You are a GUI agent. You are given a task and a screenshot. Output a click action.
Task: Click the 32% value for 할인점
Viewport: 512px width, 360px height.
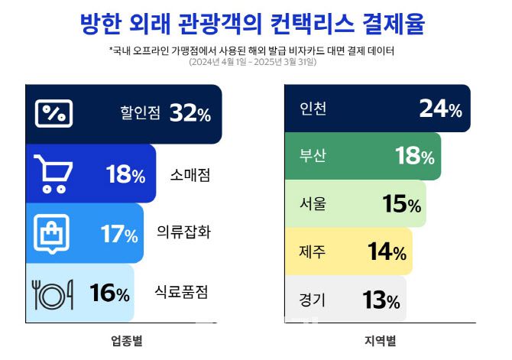(190, 114)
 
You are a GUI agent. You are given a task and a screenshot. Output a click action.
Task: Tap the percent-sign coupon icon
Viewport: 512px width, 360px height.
(54, 114)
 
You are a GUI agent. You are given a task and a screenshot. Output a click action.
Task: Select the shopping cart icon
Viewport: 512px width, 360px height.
(53, 174)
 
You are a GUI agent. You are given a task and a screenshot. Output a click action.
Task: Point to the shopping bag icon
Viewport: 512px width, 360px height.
(53, 233)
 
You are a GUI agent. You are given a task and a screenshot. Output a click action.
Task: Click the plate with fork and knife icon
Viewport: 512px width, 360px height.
(53, 293)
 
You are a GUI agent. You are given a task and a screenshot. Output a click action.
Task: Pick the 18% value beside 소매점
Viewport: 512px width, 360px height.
(125, 175)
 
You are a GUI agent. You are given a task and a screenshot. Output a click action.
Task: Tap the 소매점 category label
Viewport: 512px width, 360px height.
(190, 175)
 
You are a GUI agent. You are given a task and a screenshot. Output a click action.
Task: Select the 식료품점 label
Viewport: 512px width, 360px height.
(181, 293)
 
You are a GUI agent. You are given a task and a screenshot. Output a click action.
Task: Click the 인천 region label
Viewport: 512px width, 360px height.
(313, 109)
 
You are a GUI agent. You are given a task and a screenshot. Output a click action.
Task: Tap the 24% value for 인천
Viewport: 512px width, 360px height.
(440, 109)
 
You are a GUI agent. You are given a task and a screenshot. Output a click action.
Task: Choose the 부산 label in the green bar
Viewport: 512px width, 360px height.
(313, 157)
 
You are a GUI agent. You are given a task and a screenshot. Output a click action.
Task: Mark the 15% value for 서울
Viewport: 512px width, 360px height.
(401, 204)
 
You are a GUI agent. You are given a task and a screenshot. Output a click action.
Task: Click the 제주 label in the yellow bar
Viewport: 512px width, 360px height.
(313, 251)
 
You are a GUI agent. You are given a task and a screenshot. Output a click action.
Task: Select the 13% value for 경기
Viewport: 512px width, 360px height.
(381, 300)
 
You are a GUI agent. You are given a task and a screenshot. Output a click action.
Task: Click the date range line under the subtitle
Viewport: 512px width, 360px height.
(253, 63)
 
